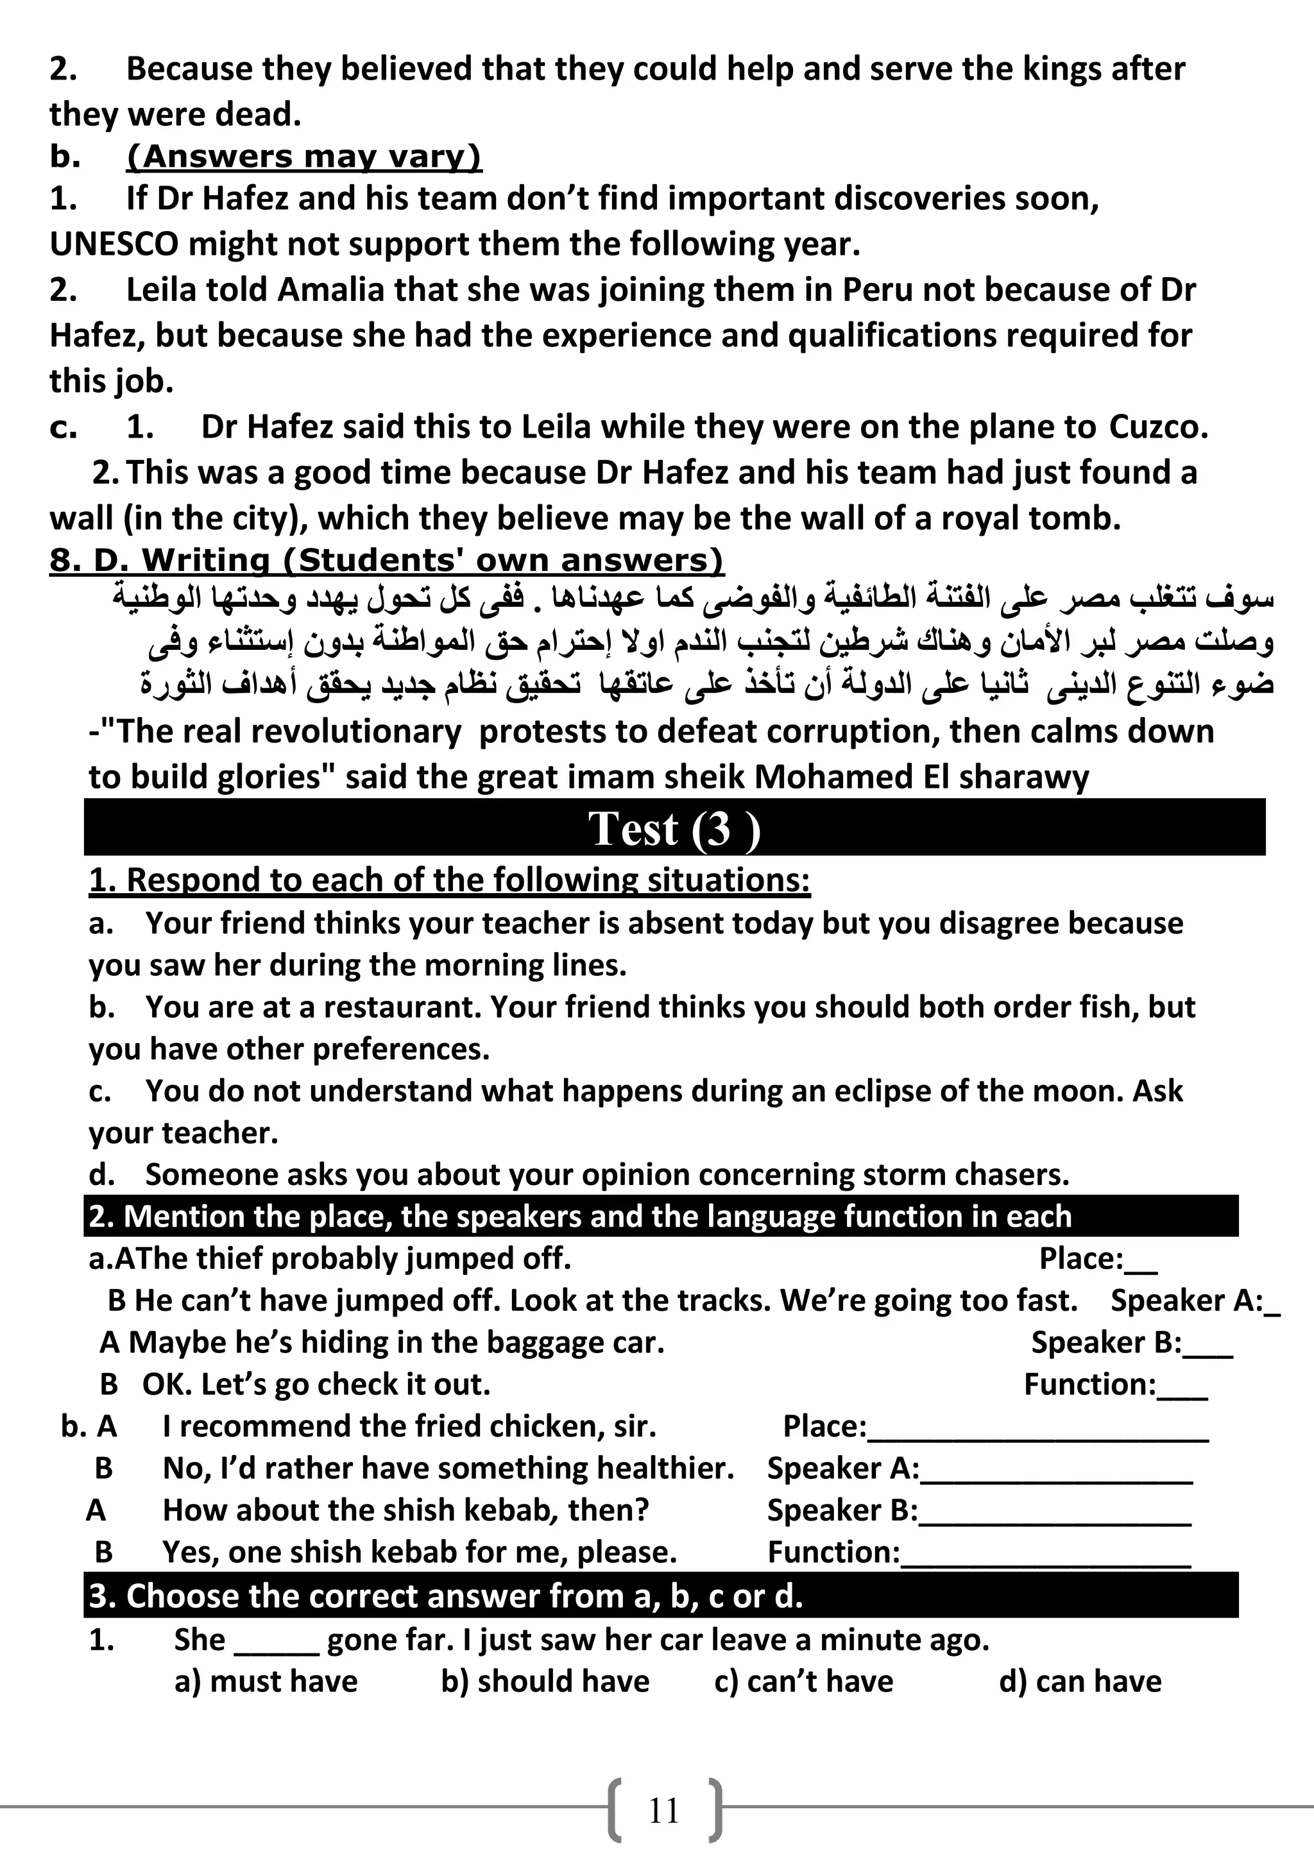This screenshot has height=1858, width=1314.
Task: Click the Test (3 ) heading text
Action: tap(673, 829)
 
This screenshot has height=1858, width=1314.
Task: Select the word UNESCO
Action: tap(114, 244)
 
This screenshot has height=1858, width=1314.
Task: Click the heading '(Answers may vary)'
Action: tap(303, 156)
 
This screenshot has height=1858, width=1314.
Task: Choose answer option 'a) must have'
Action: tap(266, 1682)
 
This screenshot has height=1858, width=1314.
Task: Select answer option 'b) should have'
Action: tap(545, 1682)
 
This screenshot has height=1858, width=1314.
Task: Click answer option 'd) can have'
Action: tap(1080, 1682)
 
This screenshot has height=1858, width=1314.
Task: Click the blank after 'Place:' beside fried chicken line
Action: tap(1037, 1427)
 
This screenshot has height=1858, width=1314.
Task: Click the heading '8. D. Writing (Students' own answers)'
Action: tap(386, 560)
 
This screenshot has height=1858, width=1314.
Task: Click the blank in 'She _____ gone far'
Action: tap(276, 1641)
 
